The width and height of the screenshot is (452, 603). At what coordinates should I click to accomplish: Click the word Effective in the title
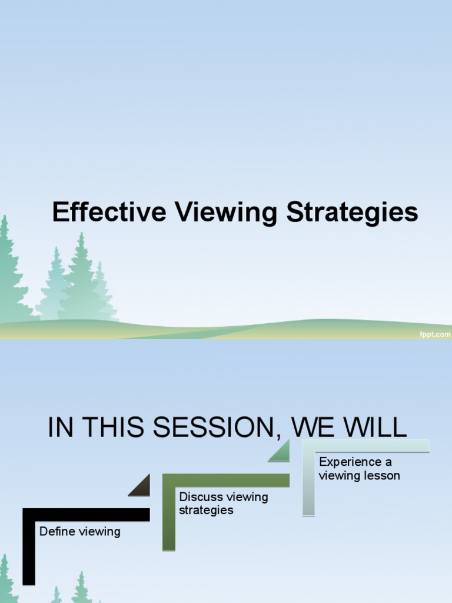109,213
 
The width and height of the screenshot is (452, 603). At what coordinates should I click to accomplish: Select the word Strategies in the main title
353,213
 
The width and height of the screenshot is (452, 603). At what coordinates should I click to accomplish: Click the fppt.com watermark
436,334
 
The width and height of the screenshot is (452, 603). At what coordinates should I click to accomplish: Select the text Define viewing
79,532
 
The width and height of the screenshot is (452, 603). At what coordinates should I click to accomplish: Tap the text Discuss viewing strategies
223,503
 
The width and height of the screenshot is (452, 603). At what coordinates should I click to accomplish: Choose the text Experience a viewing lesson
359,469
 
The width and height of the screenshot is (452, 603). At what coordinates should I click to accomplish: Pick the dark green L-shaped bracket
169,512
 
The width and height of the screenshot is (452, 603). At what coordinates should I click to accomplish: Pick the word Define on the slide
56,532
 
